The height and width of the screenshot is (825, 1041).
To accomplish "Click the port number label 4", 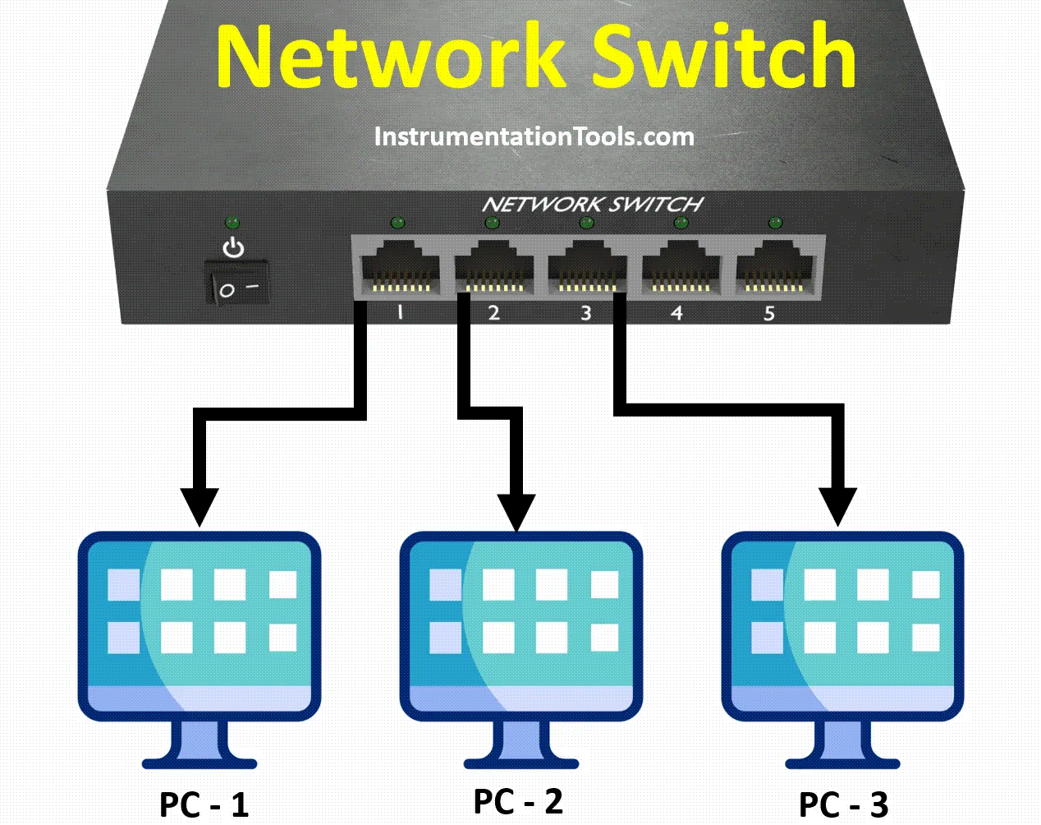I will point(676,313).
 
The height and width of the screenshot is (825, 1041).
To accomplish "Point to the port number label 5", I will point(769,313).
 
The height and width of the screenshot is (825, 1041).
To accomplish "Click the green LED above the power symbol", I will point(232,223).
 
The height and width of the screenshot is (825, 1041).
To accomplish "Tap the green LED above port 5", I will point(774,223).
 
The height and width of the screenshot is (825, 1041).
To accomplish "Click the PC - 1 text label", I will point(204,804).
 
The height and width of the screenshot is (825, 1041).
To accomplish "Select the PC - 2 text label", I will point(518,801).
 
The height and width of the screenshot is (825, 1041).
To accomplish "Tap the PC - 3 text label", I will point(843,804).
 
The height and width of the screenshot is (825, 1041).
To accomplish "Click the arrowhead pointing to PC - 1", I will point(199,506).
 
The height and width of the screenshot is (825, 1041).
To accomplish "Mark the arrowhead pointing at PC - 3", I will point(837,506).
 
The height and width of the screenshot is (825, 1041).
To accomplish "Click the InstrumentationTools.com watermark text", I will point(534,136).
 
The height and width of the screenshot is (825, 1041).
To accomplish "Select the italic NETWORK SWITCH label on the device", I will point(592,204).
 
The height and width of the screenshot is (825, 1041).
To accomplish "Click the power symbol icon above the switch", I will point(234,247).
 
